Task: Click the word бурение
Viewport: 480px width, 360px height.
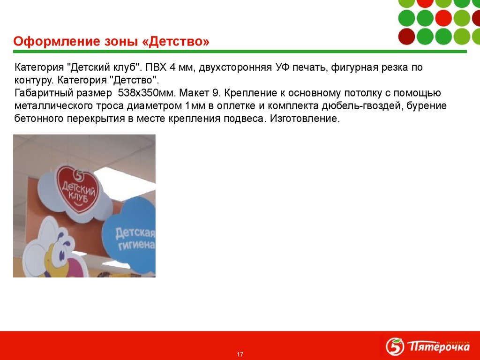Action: [x=427, y=105]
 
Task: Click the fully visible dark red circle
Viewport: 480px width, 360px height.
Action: [x=407, y=36]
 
